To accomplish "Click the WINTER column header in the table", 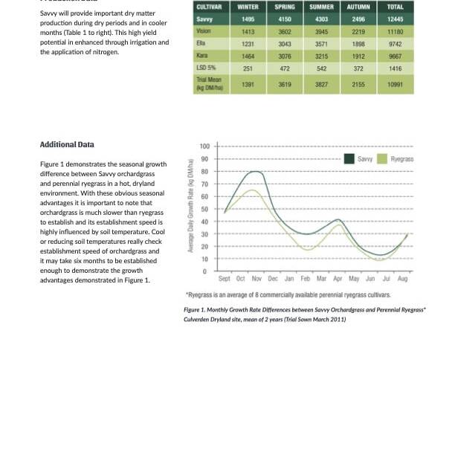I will click(x=248, y=7).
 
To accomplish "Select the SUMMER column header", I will click(x=321, y=7).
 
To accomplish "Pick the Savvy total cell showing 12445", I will click(x=395, y=19).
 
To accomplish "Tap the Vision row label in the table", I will click(x=203, y=31).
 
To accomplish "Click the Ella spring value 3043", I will click(x=284, y=44).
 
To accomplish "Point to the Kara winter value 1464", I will click(x=248, y=56).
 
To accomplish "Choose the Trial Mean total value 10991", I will click(x=395, y=85).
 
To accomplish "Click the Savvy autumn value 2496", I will click(x=358, y=19).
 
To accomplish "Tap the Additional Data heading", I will click(x=67, y=144).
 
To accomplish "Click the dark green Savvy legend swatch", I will click(x=349, y=159).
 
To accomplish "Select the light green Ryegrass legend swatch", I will click(x=383, y=159).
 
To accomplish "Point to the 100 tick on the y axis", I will click(x=205, y=146).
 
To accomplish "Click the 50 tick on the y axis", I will click(x=206, y=209).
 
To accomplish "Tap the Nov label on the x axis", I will click(x=256, y=279).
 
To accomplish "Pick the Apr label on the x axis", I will click(x=338, y=279).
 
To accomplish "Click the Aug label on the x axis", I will click(x=403, y=279).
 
